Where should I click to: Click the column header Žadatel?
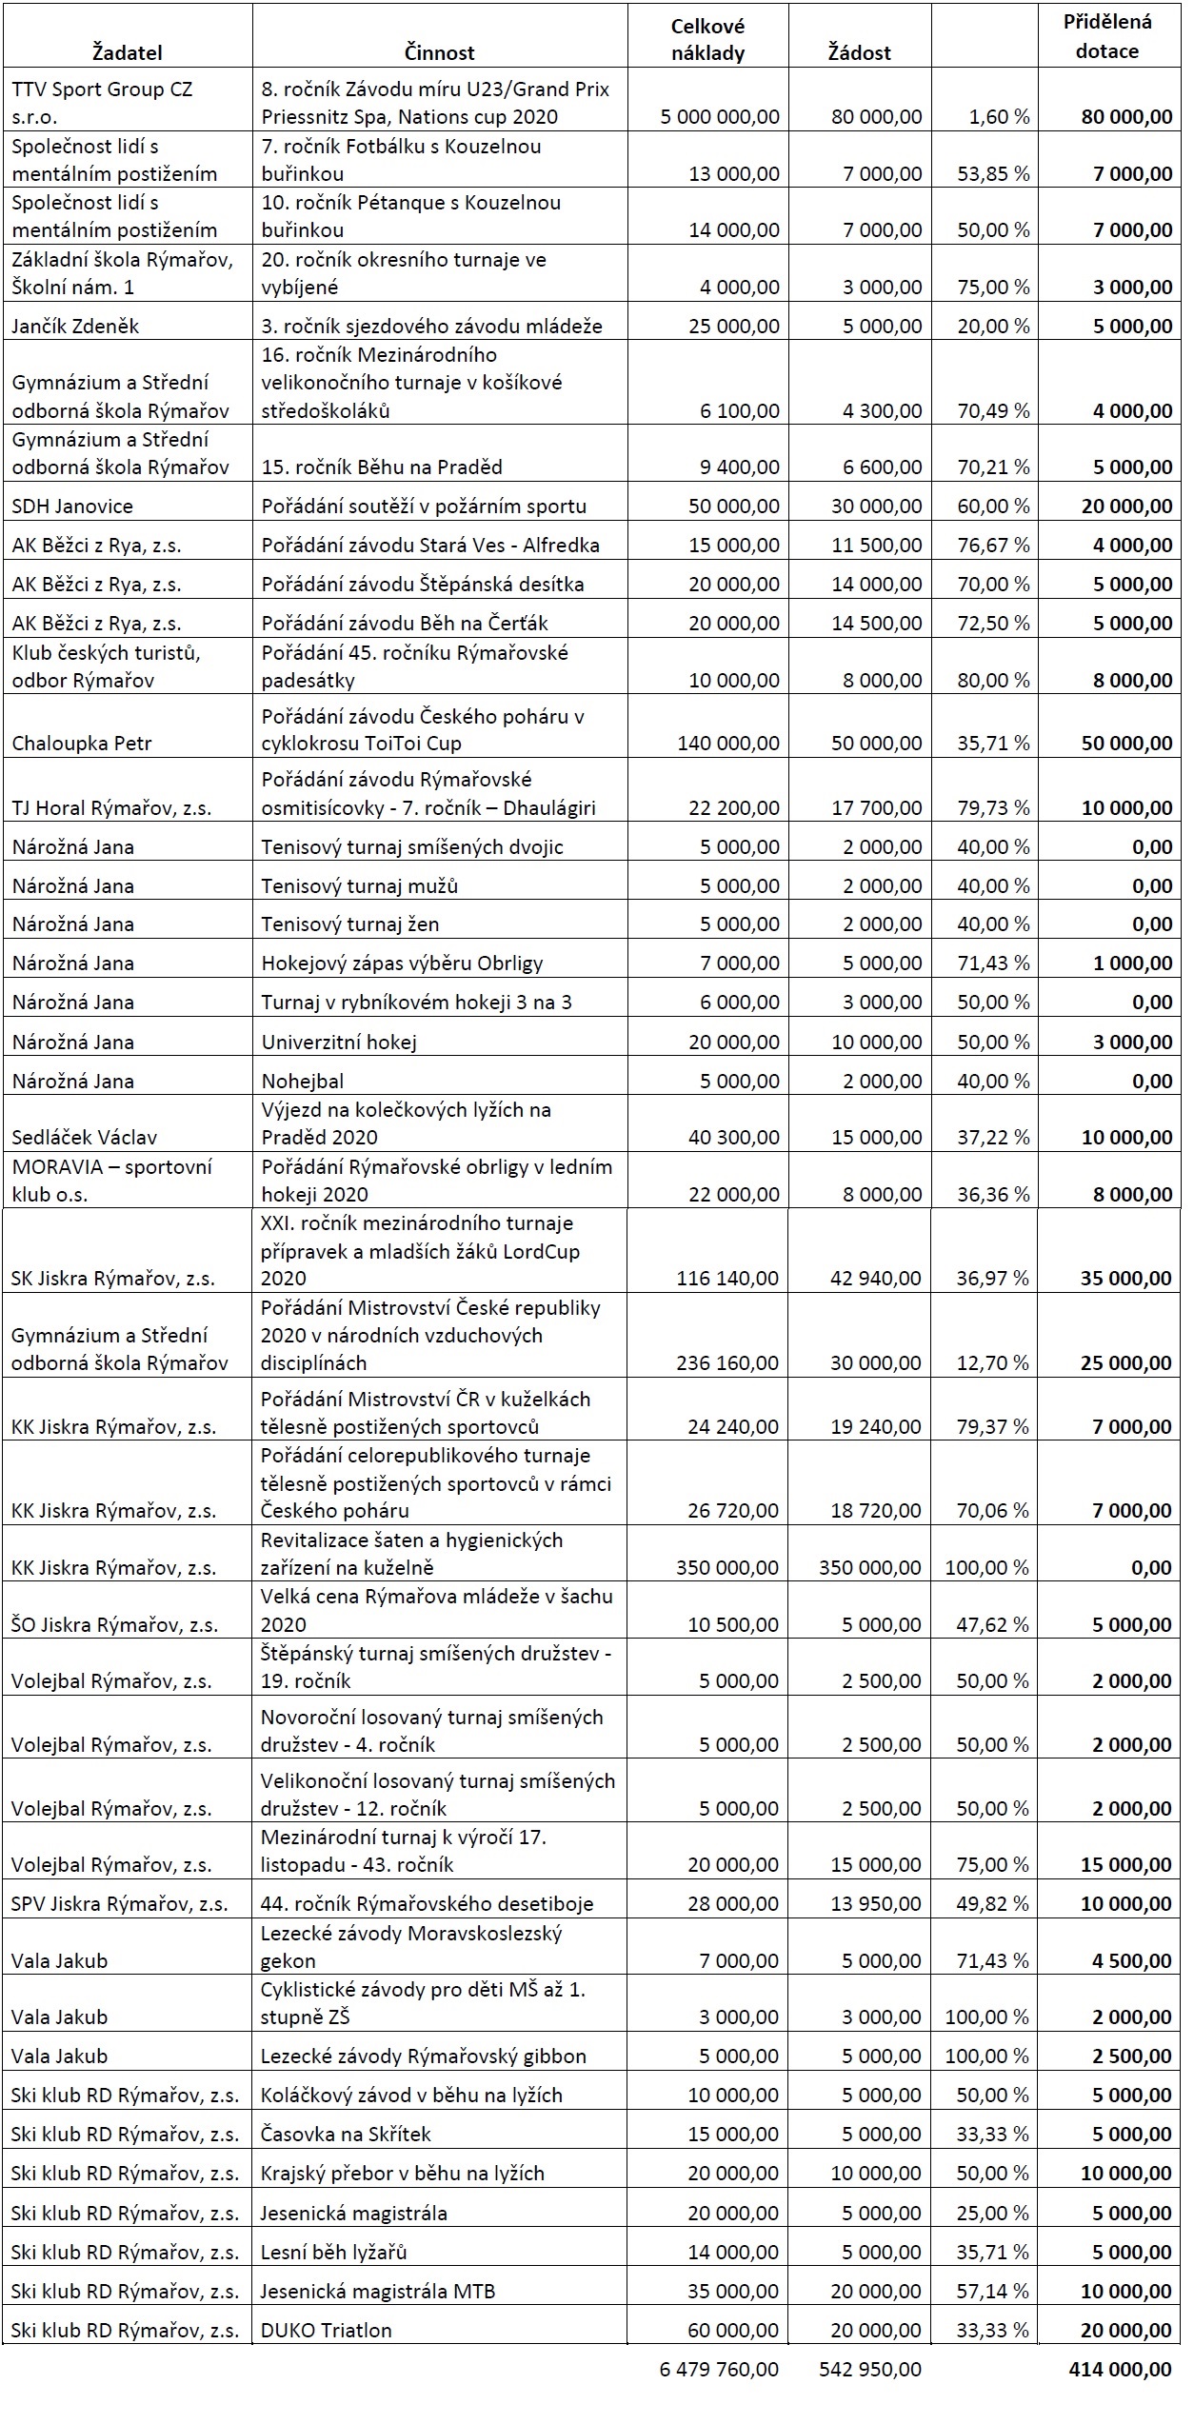pos(128,52)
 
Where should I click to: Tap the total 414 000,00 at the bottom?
pos(1120,2389)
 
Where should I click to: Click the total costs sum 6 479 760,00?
pos(719,2389)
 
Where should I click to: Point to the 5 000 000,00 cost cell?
pos(720,117)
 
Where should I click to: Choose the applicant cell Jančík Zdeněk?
pos(76,327)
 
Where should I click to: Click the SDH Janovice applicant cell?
pos(72,507)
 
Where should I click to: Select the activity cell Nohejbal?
pos(303,1081)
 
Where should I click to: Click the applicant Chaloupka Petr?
pos(82,743)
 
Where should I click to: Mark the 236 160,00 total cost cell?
pos(727,1362)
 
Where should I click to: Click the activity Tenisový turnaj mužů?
pos(360,885)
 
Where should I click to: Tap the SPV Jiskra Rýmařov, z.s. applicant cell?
pos(120,1904)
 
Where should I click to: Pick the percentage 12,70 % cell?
pos(992,1362)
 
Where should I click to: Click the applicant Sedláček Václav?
pos(85,1137)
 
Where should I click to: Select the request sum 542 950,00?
pos(869,2389)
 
